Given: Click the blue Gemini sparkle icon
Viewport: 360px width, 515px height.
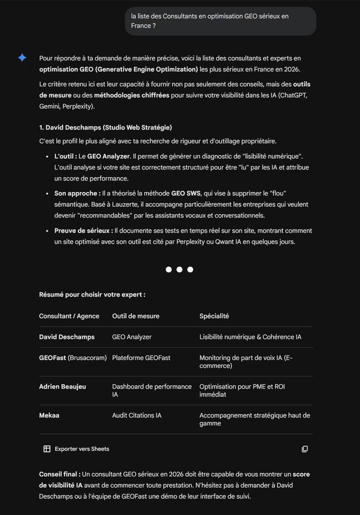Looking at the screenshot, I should pyautogui.click(x=22, y=58).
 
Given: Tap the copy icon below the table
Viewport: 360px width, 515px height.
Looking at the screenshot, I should pyautogui.click(x=305, y=449).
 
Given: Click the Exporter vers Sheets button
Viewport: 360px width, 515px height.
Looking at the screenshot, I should pyautogui.click(x=76, y=449).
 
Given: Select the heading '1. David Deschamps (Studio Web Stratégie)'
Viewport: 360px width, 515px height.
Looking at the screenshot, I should pyautogui.click(x=105, y=127).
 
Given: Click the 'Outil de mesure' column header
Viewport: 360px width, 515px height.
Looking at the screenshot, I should pyautogui.click(x=135, y=316).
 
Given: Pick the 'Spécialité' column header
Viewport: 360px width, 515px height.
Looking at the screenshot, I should pyautogui.click(x=214, y=316).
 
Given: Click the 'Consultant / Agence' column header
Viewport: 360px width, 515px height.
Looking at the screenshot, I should pyautogui.click(x=69, y=316).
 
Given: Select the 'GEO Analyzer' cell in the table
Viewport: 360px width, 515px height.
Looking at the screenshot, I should pyautogui.click(x=132, y=337).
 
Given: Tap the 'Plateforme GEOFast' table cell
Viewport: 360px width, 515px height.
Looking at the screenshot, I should pyautogui.click(x=141, y=358).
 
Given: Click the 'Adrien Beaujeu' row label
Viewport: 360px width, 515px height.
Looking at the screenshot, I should pyautogui.click(x=62, y=387).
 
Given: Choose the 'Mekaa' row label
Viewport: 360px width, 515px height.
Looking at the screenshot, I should pyautogui.click(x=49, y=416).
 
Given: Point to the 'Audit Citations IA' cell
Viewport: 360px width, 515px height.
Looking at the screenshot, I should pyautogui.click(x=136, y=416).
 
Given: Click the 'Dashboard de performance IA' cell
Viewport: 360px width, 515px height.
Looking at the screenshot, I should pyautogui.click(x=151, y=390).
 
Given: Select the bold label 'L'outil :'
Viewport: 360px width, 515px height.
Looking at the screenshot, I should pyautogui.click(x=66, y=156).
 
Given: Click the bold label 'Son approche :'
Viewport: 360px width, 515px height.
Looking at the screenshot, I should pyautogui.click(x=77, y=193).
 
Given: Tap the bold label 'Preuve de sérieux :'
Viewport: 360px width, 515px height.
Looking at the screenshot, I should pyautogui.click(x=83, y=231).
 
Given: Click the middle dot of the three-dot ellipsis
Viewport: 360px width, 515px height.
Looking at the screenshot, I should pyautogui.click(x=180, y=269).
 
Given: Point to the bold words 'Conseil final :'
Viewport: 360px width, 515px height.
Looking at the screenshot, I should pyautogui.click(x=60, y=474).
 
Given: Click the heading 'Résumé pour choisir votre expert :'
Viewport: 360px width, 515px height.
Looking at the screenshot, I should pyautogui.click(x=92, y=295).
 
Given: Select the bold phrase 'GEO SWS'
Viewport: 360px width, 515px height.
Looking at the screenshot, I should pyautogui.click(x=186, y=193).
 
